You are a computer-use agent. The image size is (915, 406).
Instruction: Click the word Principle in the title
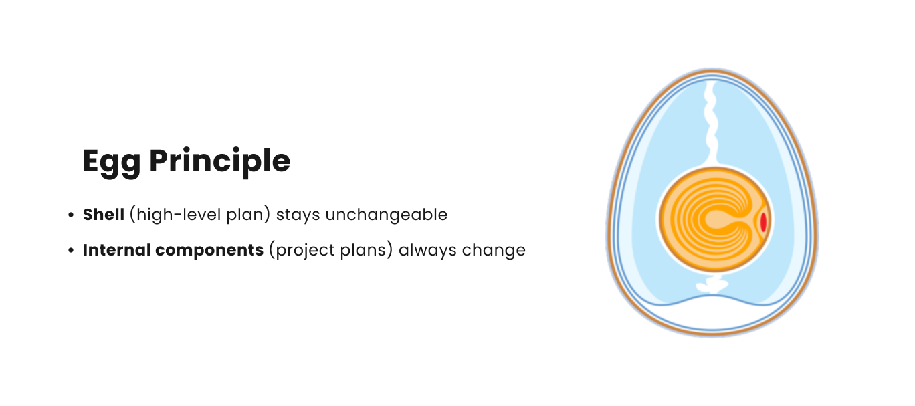220,162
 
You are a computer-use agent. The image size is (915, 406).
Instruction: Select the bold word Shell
104,215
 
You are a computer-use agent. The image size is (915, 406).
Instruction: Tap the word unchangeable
387,215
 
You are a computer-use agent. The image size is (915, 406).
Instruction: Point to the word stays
298,215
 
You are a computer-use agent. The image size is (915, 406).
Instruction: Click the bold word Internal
116,250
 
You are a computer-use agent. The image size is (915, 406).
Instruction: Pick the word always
427,251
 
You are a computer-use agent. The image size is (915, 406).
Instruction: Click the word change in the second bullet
494,251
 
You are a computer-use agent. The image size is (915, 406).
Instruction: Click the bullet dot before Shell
71,215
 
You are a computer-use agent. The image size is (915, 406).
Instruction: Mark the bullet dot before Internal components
71,250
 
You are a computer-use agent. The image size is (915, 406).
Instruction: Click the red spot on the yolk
762,222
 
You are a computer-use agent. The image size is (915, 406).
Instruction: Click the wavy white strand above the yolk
711,122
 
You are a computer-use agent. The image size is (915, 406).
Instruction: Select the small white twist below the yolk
712,284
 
